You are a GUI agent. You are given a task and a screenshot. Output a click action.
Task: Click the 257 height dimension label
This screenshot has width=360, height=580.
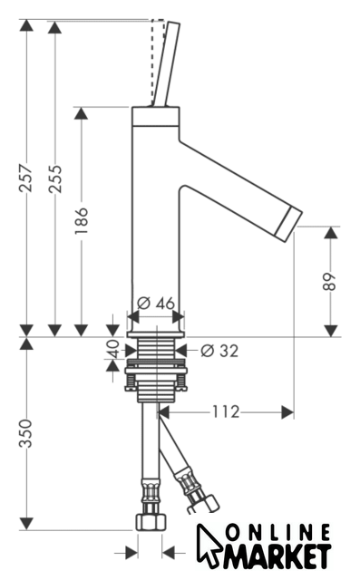click(x=26, y=178)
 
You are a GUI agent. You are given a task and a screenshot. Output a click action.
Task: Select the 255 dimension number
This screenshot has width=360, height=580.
click(x=55, y=179)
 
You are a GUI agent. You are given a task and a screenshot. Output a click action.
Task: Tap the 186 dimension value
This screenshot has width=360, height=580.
click(x=81, y=220)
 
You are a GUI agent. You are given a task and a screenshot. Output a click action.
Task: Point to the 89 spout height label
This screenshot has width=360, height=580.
click(x=329, y=282)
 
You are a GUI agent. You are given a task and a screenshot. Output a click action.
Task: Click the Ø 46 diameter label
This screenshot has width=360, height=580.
click(x=155, y=304)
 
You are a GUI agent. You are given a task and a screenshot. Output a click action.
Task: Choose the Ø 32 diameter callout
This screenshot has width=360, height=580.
click(x=219, y=351)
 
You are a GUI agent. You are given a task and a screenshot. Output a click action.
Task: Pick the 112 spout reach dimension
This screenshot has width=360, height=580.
click(x=226, y=411)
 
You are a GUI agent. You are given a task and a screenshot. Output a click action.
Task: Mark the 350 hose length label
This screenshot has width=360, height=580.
click(x=26, y=433)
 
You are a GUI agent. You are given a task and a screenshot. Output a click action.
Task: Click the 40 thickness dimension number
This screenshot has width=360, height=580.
click(x=112, y=349)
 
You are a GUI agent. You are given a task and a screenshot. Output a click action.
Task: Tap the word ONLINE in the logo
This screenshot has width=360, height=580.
click(x=277, y=533)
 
